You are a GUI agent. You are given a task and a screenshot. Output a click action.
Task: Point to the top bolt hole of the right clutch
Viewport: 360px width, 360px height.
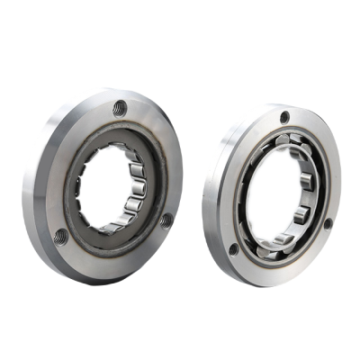click(x=284, y=118)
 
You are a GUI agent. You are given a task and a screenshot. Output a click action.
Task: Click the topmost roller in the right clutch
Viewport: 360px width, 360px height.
click(x=293, y=138)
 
